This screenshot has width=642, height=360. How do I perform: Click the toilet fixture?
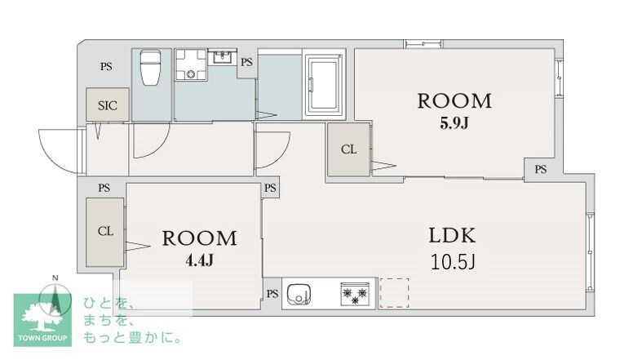[x=151, y=67]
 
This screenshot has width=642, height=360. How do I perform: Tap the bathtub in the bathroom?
[x=325, y=84]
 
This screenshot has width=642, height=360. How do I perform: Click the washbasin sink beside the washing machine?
[x=222, y=58]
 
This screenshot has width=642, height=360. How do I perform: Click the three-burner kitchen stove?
[x=355, y=294]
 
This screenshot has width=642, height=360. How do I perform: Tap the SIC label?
[x=108, y=105]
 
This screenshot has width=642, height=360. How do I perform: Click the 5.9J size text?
[x=454, y=123]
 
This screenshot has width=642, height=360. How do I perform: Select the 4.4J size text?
[x=199, y=260]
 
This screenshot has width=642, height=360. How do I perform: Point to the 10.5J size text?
[x=453, y=262]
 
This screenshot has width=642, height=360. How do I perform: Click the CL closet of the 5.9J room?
[x=348, y=149]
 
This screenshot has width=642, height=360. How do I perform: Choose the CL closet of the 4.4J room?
[x=105, y=231]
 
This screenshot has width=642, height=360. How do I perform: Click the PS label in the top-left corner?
[x=106, y=67]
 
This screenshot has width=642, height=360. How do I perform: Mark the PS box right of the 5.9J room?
[x=540, y=169]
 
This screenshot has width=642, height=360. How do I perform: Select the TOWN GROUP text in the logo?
[x=45, y=336]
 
